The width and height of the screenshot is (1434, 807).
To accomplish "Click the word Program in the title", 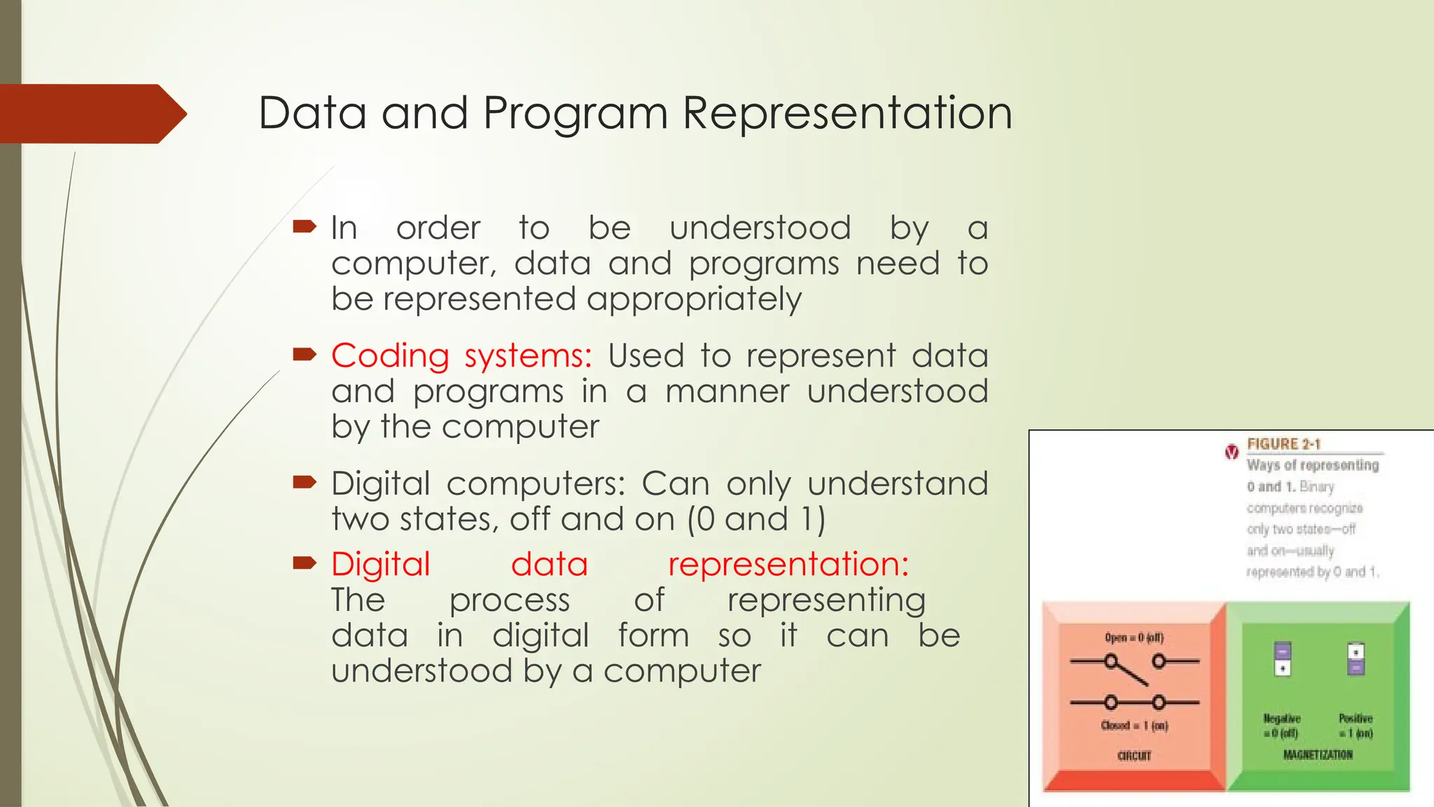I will [x=576, y=113].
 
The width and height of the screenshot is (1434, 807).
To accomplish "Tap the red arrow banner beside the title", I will [x=91, y=113].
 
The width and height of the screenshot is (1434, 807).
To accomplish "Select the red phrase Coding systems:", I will [x=461, y=356].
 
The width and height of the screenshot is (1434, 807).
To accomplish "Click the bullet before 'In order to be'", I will [x=305, y=226].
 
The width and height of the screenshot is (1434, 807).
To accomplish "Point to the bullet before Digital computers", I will [x=305, y=482].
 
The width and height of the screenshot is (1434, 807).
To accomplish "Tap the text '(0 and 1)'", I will [x=756, y=519].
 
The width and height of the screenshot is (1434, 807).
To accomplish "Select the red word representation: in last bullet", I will [x=788, y=564].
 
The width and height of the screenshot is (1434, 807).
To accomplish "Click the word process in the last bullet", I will [x=509, y=600].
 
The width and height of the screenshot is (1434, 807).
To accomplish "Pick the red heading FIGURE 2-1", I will [x=1283, y=444].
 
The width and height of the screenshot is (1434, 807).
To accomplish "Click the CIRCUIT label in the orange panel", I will [x=1134, y=756].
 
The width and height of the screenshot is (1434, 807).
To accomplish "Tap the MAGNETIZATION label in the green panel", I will [x=1318, y=754].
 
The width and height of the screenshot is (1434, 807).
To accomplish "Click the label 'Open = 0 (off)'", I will [x=1134, y=637].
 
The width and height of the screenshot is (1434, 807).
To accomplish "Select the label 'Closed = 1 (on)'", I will [x=1134, y=726].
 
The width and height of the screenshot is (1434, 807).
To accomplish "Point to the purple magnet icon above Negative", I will [x=1282, y=658].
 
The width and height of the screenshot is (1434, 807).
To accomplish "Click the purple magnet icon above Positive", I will [x=1356, y=658].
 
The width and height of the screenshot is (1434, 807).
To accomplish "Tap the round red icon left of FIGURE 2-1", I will [x=1232, y=452].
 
